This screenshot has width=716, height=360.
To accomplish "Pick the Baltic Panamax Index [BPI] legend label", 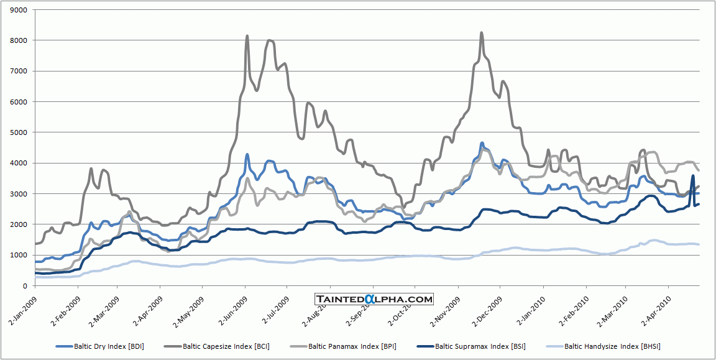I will click(x=352, y=346).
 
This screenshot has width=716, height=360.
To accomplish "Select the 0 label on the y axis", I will click(x=24, y=285).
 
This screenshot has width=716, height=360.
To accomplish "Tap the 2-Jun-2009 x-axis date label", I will click(x=231, y=306).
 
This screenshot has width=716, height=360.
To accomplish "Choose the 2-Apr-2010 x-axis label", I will click(x=653, y=306).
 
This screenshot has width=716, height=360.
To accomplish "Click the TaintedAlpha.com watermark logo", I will click(x=374, y=299).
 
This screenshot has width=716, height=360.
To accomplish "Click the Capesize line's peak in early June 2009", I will click(x=247, y=36).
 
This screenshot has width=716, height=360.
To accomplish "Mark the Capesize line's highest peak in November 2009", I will click(x=482, y=33).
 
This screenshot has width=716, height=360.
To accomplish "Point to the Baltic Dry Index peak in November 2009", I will click(x=482, y=143).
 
